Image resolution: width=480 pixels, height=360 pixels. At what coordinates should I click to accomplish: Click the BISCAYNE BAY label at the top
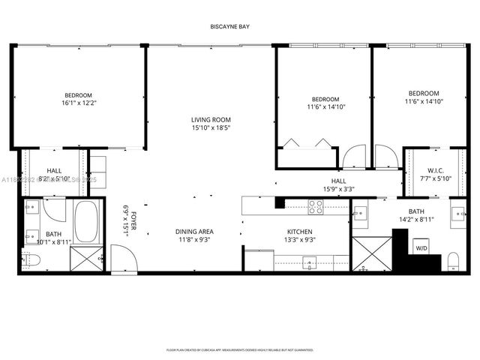(x=229, y=27)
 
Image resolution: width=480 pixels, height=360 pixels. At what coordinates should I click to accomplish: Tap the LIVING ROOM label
(x=210, y=120)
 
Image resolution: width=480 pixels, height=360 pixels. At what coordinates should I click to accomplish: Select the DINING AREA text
(x=194, y=231)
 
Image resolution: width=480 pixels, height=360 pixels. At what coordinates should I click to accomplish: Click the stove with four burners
(x=316, y=206)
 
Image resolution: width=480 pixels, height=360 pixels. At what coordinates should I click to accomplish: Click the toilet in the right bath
(x=452, y=261)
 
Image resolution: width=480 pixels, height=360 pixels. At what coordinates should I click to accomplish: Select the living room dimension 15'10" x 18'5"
(x=210, y=128)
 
